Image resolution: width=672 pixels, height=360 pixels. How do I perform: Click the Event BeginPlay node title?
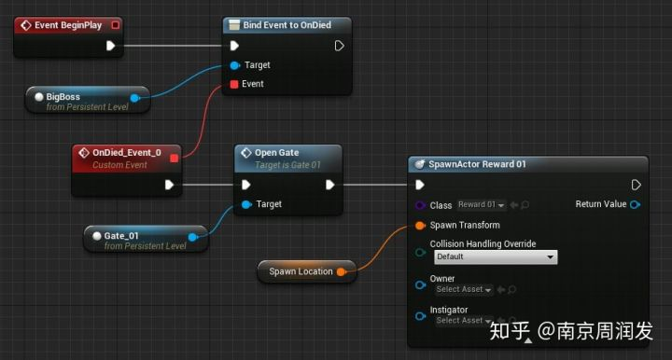tap(68, 25)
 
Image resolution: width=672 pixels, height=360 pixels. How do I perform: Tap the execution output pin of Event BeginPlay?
tap(110, 46)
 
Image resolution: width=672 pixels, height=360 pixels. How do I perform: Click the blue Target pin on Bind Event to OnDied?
tap(235, 65)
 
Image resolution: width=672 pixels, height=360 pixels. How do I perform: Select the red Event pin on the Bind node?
tap(234, 84)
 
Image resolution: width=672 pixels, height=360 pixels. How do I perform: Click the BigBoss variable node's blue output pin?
tap(135, 98)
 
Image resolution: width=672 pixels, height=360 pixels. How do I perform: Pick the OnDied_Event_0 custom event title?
tap(127, 152)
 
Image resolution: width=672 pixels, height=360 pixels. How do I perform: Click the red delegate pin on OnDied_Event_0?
tap(174, 159)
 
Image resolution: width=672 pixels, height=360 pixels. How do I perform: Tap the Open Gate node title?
tap(277, 152)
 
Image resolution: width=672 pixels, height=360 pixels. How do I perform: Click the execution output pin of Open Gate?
tap(330, 185)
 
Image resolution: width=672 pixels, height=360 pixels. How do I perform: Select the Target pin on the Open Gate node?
tap(246, 204)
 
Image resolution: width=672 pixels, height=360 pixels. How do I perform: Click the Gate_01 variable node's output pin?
tap(193, 237)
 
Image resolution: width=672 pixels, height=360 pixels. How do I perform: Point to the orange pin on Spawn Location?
tap(342, 271)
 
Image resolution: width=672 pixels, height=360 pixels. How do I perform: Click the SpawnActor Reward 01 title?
tap(477, 164)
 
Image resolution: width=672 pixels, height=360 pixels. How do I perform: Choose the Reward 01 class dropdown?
tap(482, 204)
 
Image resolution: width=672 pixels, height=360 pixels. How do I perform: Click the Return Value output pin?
tap(636, 204)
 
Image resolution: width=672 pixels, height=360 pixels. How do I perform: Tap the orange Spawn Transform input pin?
tap(420, 225)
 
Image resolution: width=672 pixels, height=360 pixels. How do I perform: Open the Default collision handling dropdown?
tap(496, 256)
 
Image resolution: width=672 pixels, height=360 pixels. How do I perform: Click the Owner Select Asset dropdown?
tap(464, 290)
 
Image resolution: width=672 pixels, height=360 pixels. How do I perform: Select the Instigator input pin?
tap(420, 316)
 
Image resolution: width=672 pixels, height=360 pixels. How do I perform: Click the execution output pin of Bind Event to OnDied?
tap(339, 46)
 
